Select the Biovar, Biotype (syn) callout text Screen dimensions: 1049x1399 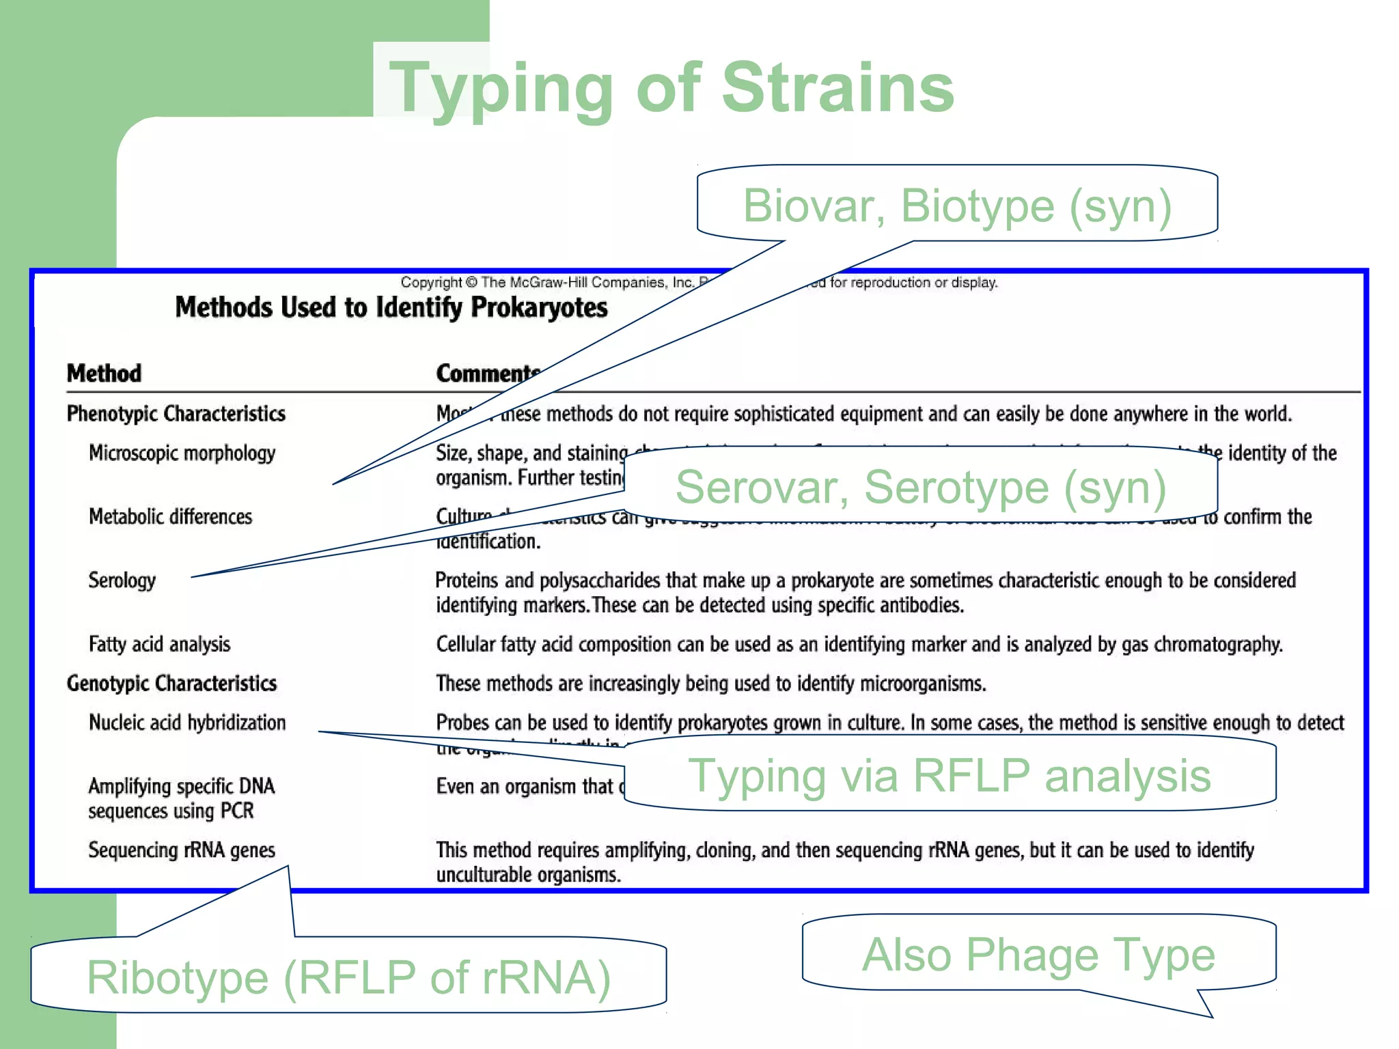[957, 206]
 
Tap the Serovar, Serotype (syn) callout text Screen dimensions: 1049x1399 [921, 487]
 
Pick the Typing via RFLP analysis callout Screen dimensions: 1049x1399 [950, 776]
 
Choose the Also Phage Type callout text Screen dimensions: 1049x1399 [1038, 954]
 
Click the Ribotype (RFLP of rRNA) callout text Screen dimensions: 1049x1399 [348, 977]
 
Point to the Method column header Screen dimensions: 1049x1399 [104, 374]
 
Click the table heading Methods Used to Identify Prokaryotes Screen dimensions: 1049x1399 [391, 307]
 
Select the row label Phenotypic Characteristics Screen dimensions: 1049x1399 [176, 414]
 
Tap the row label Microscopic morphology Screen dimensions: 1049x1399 [182, 453]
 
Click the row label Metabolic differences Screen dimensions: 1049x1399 [170, 517]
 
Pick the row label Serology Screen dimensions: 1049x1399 [122, 581]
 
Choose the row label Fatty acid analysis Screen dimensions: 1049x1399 [159, 644]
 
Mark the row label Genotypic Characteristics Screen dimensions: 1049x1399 [171, 684]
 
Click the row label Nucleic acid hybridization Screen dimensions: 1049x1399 [187, 723]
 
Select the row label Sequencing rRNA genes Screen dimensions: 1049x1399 [182, 850]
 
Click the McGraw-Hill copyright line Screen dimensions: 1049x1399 [546, 283]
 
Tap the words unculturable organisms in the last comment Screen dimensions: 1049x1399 [528, 876]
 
